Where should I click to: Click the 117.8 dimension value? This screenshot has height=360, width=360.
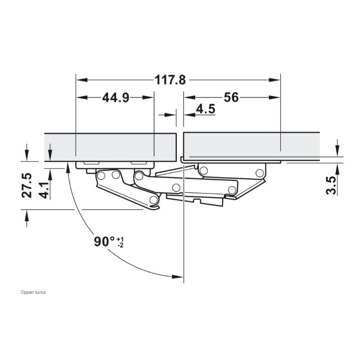(x=170, y=80)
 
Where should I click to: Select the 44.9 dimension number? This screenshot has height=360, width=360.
(x=116, y=98)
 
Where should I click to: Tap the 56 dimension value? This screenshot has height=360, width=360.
(x=231, y=97)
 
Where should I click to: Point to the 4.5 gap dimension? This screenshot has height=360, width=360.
(x=206, y=109)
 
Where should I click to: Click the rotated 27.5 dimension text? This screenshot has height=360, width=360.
(x=27, y=185)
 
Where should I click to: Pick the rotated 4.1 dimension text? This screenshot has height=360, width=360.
(x=44, y=190)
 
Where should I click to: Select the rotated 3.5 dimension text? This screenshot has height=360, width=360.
(x=331, y=185)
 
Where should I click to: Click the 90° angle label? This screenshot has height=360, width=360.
(x=104, y=242)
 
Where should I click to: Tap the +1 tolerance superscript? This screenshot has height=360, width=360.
(x=120, y=239)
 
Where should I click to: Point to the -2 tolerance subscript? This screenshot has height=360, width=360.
(x=120, y=245)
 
